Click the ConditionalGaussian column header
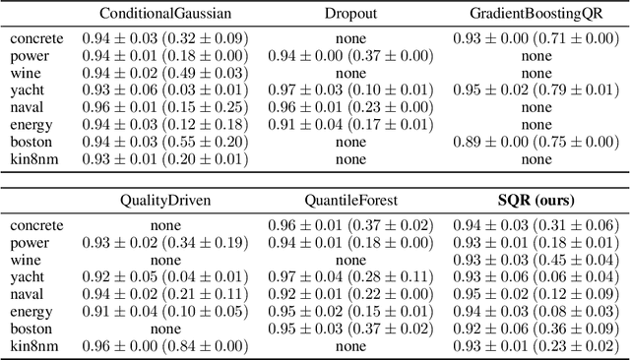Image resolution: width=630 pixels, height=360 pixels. [x=164, y=15]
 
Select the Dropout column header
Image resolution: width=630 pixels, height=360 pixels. [x=350, y=15]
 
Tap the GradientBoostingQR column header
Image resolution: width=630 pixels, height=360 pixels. [x=536, y=15]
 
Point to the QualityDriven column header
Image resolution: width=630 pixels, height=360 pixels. [x=164, y=201]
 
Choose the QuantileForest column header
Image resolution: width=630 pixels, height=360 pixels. [x=350, y=201]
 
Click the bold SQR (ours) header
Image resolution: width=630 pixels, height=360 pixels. [x=536, y=201]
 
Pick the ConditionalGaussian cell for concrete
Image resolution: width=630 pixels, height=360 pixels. [x=164, y=38]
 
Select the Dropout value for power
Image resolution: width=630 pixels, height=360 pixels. [x=350, y=56]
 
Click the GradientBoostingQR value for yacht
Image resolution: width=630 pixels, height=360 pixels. [x=536, y=90]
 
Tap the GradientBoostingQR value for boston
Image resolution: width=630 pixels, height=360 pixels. [x=536, y=142]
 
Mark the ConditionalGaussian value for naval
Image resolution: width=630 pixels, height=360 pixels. [x=164, y=107]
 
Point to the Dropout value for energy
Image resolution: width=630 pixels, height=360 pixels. [x=350, y=125]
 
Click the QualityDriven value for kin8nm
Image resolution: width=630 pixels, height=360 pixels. [x=164, y=345]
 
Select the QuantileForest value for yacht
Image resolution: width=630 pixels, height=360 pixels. [x=350, y=276]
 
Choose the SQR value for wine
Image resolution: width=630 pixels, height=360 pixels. [x=536, y=260]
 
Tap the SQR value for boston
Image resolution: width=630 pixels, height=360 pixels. [x=536, y=328]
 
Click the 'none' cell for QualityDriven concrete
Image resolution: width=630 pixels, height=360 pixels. [x=164, y=225]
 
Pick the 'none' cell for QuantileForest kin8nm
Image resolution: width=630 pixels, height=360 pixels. [x=350, y=345]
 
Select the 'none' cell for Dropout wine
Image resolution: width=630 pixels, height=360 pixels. [x=350, y=73]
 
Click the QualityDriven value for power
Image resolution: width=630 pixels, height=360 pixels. [x=164, y=242]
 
